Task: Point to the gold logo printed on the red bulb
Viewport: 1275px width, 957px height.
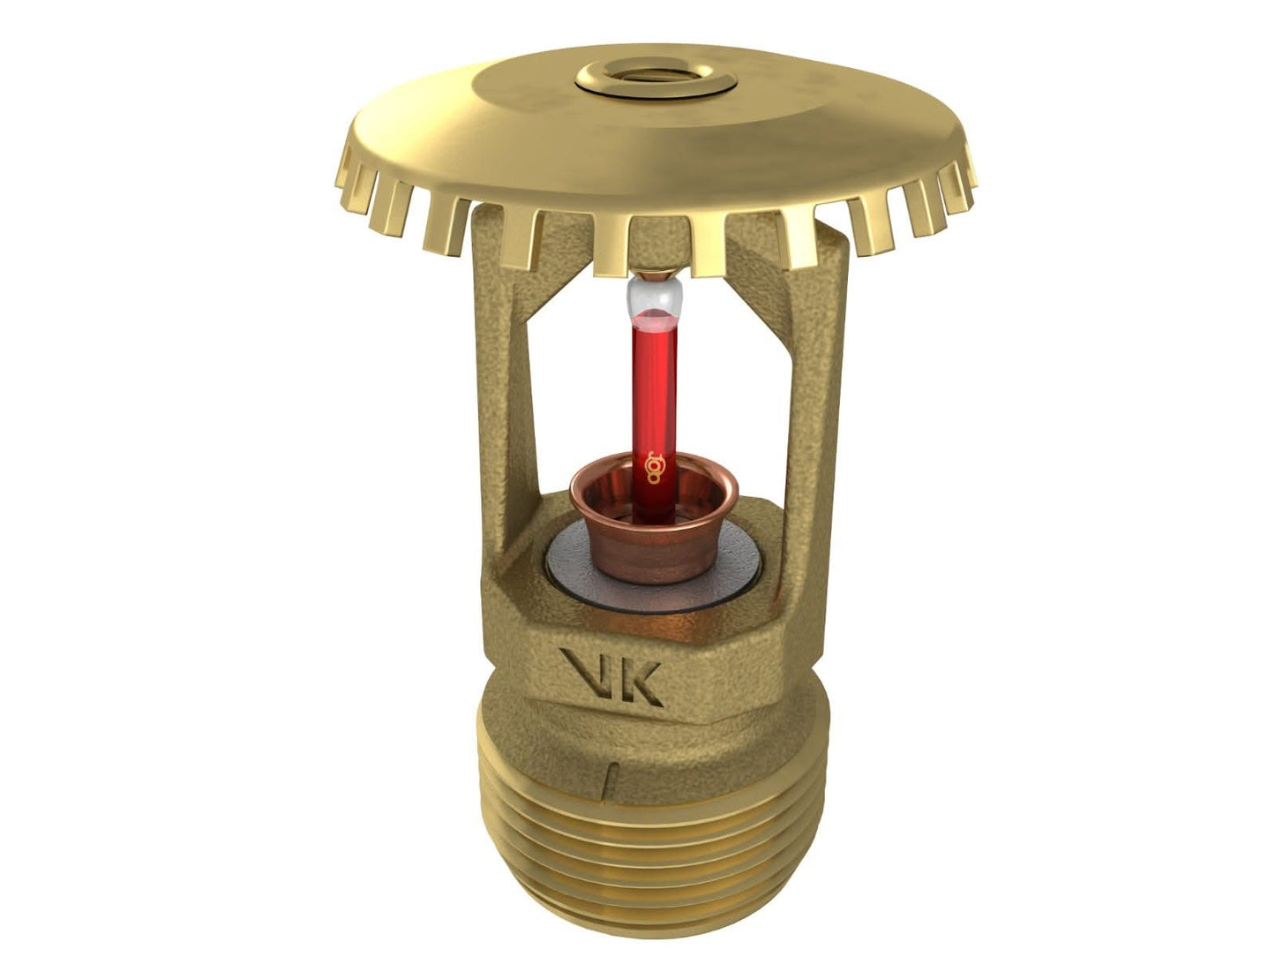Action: click(654, 466)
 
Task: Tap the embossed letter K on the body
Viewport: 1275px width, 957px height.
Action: click(646, 678)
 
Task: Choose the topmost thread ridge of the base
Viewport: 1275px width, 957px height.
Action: click(653, 808)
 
